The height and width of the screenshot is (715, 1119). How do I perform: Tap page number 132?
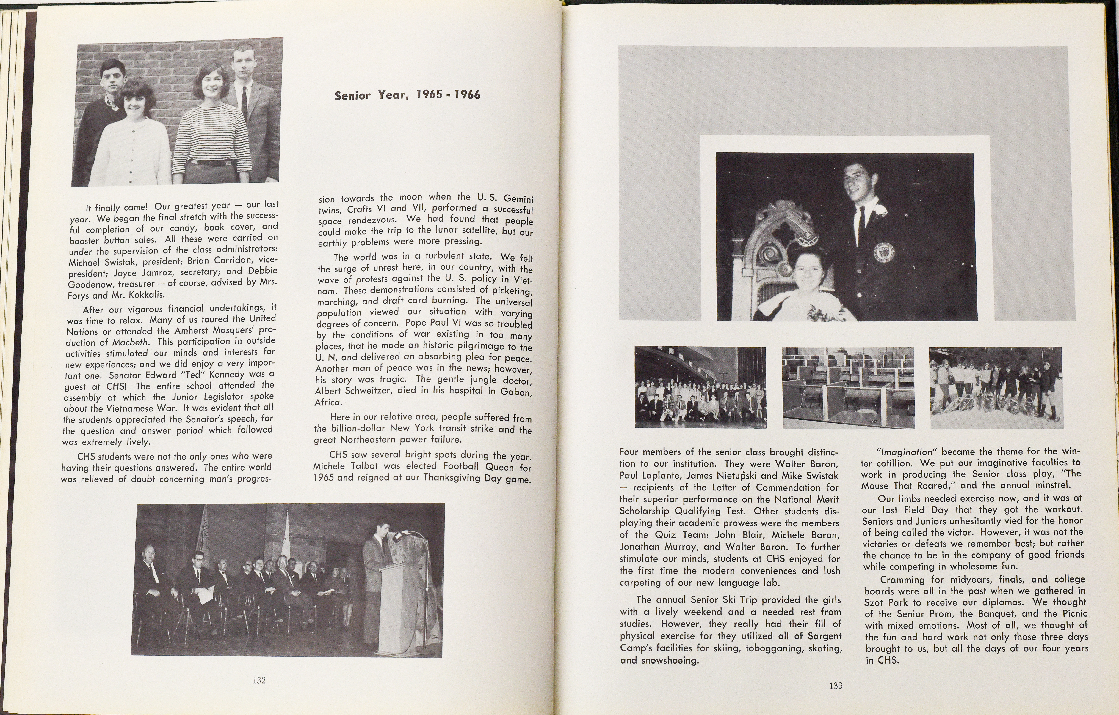pos(259,680)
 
